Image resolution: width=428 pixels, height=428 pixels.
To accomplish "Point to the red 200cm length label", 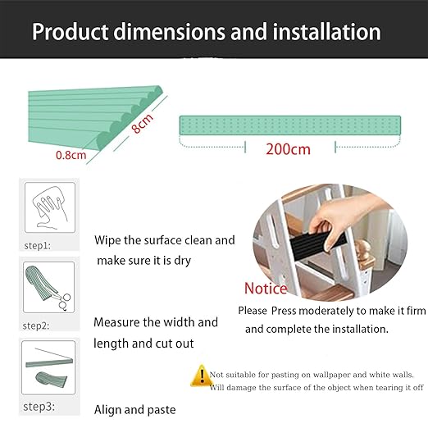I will click(x=288, y=149).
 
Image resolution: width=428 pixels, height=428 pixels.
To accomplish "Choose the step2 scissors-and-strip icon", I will click(x=48, y=286).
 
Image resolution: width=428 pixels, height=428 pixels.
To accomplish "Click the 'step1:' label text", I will click(x=38, y=244).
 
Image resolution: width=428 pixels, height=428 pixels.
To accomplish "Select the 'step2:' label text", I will click(x=38, y=326).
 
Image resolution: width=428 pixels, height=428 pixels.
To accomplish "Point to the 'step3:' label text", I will click(x=38, y=406).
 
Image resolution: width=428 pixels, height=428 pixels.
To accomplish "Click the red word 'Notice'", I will click(x=266, y=289).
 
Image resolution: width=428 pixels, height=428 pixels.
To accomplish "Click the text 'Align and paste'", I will click(x=134, y=409).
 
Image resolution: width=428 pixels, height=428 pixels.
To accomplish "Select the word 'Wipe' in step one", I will click(x=110, y=241).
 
